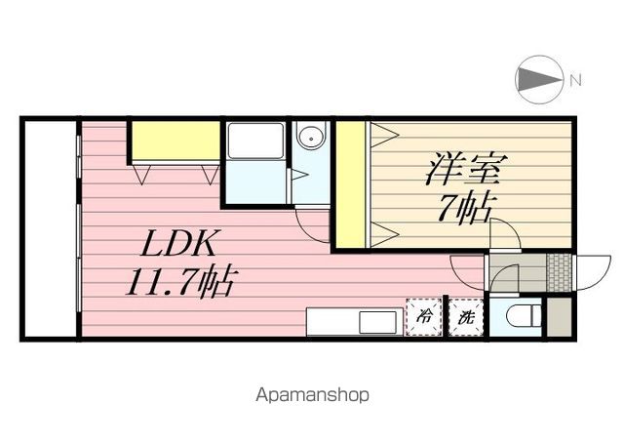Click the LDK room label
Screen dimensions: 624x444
[x=178, y=243]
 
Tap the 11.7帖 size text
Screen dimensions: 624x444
[x=181, y=281]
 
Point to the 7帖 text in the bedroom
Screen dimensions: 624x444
[x=465, y=208]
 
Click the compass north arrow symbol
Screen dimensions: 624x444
[x=539, y=80]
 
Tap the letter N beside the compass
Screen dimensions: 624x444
[x=575, y=80]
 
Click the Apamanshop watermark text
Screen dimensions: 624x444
[x=312, y=395]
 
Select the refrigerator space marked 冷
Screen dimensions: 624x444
[x=424, y=317]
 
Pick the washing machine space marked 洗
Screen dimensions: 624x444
[x=466, y=317]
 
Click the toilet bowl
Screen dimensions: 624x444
[x=524, y=317]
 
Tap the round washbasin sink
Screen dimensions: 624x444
[x=312, y=138]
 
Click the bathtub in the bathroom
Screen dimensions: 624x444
[x=255, y=141]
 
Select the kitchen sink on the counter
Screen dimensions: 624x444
[x=378, y=323]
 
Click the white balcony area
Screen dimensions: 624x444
[x=50, y=229]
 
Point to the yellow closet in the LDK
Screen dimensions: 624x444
[x=175, y=141]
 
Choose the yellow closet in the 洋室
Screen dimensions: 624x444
[x=351, y=184]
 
